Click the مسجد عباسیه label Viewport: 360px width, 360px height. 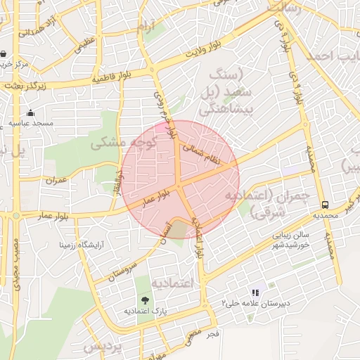(x=30, y=122)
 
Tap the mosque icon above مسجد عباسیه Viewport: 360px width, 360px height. (x=30, y=112)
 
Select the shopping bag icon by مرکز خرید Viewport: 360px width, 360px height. (x=4, y=53)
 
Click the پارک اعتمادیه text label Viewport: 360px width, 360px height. (x=146, y=310)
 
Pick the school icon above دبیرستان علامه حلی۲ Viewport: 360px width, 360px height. (x=255, y=292)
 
